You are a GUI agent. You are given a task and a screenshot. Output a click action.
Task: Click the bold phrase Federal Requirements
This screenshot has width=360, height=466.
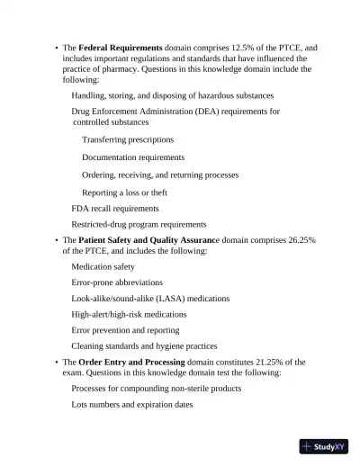point(121,48)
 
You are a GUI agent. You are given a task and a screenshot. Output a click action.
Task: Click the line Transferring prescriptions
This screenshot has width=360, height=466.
point(128,140)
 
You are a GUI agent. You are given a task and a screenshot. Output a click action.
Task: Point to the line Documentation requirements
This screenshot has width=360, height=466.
point(133,157)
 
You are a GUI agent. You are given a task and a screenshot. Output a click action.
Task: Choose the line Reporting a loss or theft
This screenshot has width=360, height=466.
point(124,193)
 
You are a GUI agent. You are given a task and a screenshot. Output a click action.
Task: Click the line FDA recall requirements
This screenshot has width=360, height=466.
point(115,209)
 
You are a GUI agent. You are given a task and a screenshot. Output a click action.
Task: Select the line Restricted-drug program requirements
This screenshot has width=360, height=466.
point(139,225)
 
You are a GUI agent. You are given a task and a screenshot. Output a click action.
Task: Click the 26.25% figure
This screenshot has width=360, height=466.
point(302,241)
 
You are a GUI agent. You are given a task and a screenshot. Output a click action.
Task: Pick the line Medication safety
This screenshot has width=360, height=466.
point(103,267)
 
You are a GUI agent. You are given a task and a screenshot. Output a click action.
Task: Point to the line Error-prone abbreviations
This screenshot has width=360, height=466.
point(117,282)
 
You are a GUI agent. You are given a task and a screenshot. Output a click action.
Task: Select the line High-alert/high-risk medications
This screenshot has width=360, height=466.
point(130,315)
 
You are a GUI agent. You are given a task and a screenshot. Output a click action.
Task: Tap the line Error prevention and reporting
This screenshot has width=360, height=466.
point(125,330)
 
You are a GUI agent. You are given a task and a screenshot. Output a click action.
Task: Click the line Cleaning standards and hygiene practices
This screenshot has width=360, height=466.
point(144,346)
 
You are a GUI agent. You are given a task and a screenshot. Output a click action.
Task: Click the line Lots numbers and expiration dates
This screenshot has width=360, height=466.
point(132,405)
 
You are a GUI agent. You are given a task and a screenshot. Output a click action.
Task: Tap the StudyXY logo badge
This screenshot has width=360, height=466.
point(324,446)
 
